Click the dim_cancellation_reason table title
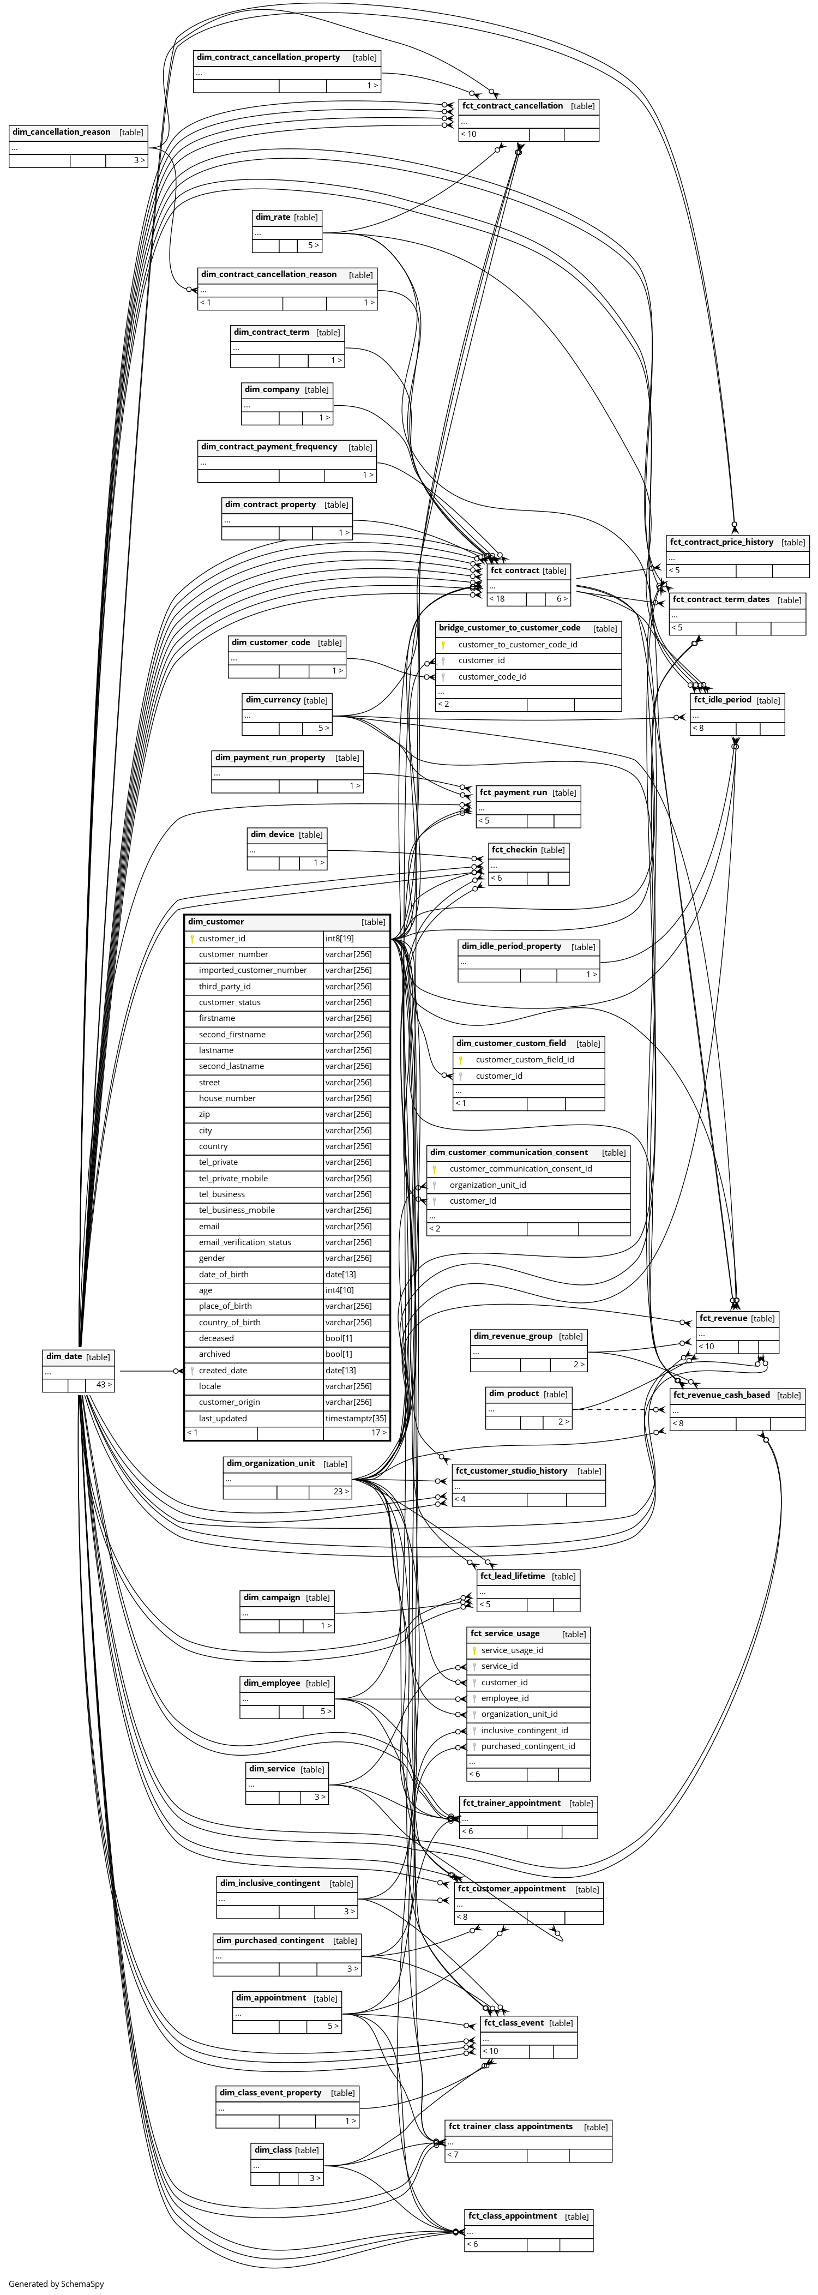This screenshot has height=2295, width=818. click(62, 132)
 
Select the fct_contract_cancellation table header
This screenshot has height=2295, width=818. click(513, 106)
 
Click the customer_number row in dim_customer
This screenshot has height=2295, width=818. click(233, 954)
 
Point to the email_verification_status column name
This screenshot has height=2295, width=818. click(245, 1242)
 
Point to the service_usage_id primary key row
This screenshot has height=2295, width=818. click(513, 1650)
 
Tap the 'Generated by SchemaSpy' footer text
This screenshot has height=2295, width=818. click(56, 2284)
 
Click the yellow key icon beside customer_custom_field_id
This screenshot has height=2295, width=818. click(461, 1060)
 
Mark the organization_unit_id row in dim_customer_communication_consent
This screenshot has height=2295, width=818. click(488, 1185)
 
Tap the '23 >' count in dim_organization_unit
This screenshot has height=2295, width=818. click(340, 1492)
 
